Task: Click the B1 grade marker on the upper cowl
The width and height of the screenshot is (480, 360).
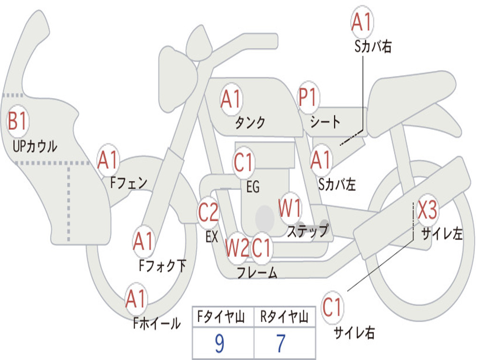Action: tap(18, 121)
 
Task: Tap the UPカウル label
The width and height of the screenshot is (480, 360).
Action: tap(35, 146)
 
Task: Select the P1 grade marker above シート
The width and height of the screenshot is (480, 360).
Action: tap(308, 97)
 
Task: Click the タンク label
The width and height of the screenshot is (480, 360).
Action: tap(250, 122)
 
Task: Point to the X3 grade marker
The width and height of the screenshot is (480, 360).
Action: tap(427, 210)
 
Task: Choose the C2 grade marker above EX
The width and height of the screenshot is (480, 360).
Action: tap(209, 212)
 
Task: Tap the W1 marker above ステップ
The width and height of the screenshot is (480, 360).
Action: tap(290, 208)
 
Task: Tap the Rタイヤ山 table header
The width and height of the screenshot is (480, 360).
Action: tap(285, 317)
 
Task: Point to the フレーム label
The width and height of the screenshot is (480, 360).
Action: tap(257, 272)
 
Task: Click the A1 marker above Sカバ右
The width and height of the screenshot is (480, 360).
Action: tap(362, 22)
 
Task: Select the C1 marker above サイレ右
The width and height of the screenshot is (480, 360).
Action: tap(332, 307)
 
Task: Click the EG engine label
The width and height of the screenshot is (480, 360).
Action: tap(253, 187)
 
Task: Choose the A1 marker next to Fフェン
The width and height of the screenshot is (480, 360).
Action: tap(108, 160)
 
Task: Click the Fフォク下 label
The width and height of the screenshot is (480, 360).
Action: tap(162, 266)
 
